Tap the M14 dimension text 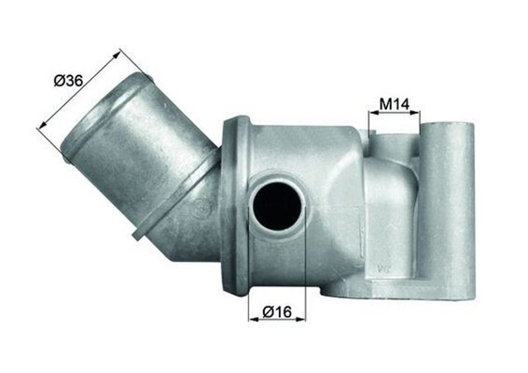tap(394, 105)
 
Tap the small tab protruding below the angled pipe tap(137, 236)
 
